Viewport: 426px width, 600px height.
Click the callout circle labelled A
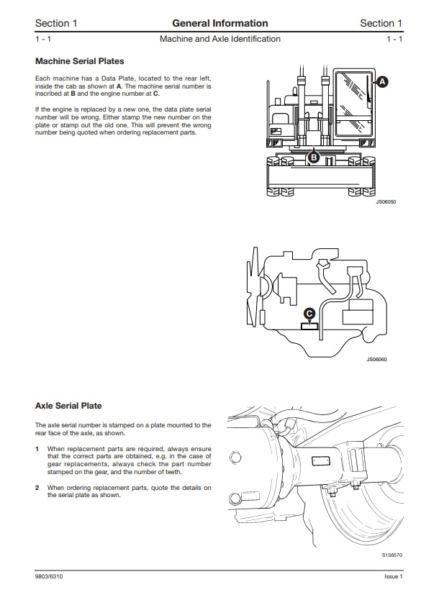381,82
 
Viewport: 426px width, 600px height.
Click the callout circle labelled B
314,157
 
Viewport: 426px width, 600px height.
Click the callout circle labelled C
309,314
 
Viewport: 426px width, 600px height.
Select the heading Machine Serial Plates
80,61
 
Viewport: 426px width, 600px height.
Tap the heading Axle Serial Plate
68,406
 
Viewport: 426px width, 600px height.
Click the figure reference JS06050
386,201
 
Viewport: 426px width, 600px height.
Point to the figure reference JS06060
376,359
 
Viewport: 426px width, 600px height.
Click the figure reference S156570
392,555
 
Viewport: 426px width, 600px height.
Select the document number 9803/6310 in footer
49,576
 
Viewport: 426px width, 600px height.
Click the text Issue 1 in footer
394,576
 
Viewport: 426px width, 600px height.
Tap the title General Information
220,23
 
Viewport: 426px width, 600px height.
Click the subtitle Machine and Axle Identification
220,39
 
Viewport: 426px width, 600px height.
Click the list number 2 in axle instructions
37,488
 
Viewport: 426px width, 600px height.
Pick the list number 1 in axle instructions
37,448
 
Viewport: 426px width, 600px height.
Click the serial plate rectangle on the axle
321,460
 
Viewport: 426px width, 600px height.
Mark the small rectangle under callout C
309,326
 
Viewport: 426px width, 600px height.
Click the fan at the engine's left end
253,287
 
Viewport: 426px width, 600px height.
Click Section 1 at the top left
56,23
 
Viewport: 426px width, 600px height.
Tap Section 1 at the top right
381,23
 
